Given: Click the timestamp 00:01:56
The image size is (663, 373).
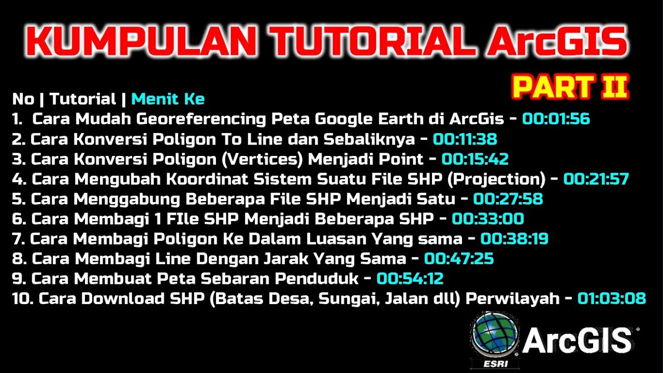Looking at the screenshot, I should [x=556, y=119].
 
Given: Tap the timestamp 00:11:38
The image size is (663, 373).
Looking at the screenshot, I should [x=465, y=139].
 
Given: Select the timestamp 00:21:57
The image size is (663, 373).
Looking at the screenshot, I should [x=596, y=179].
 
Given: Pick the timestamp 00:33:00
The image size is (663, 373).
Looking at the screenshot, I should [x=487, y=219].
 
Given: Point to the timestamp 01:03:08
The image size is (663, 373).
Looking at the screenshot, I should [x=611, y=299].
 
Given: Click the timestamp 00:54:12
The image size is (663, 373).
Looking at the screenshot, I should [x=410, y=279].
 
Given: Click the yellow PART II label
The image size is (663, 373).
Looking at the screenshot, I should [x=570, y=87].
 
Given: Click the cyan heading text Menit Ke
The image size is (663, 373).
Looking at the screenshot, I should [x=168, y=99].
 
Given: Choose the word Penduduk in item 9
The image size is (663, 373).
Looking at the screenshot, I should [x=316, y=279].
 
